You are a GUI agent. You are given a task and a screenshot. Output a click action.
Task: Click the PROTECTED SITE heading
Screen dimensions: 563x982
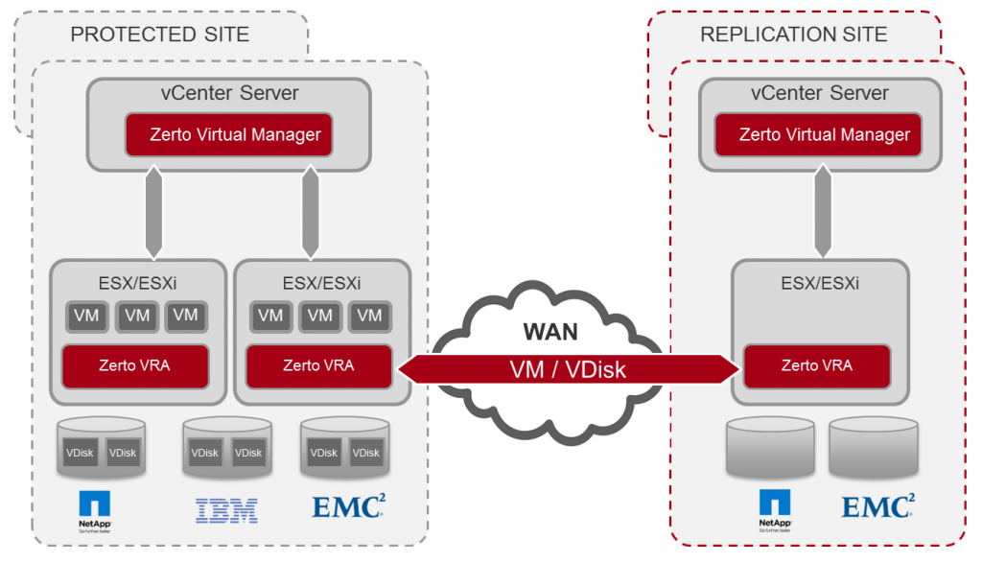click(159, 35)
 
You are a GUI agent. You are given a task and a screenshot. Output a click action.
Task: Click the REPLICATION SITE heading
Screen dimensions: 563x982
click(793, 35)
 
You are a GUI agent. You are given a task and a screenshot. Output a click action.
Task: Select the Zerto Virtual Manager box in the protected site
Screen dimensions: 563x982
click(228, 134)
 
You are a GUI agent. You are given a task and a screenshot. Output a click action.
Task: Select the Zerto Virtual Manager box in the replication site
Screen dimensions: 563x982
click(817, 134)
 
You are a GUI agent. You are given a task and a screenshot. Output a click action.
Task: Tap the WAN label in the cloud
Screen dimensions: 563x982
click(549, 332)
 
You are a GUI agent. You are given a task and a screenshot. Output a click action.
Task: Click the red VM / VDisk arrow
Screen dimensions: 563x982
click(567, 368)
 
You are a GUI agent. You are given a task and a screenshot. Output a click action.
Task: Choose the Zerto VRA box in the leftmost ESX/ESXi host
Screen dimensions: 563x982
click(134, 365)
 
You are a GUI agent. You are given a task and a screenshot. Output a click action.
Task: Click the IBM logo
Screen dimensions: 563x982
click(226, 509)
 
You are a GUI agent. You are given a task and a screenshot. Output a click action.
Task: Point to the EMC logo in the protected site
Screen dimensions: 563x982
click(347, 505)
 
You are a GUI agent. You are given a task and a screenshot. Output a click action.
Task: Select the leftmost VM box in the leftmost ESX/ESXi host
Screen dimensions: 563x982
click(87, 316)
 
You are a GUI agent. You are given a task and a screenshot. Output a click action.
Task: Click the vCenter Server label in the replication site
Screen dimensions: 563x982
click(818, 94)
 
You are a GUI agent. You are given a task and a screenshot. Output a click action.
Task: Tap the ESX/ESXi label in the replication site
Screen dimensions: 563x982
click(818, 283)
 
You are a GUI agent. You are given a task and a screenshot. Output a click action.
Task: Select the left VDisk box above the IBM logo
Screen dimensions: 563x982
click(203, 453)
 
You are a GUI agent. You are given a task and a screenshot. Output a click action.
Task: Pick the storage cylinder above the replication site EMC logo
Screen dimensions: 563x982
click(868, 447)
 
